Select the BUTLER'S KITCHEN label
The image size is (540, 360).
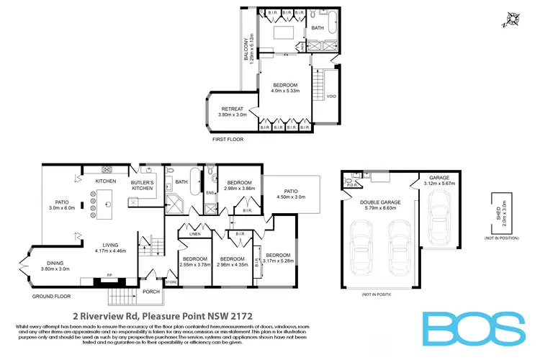143,185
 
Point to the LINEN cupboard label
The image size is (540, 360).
194,233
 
